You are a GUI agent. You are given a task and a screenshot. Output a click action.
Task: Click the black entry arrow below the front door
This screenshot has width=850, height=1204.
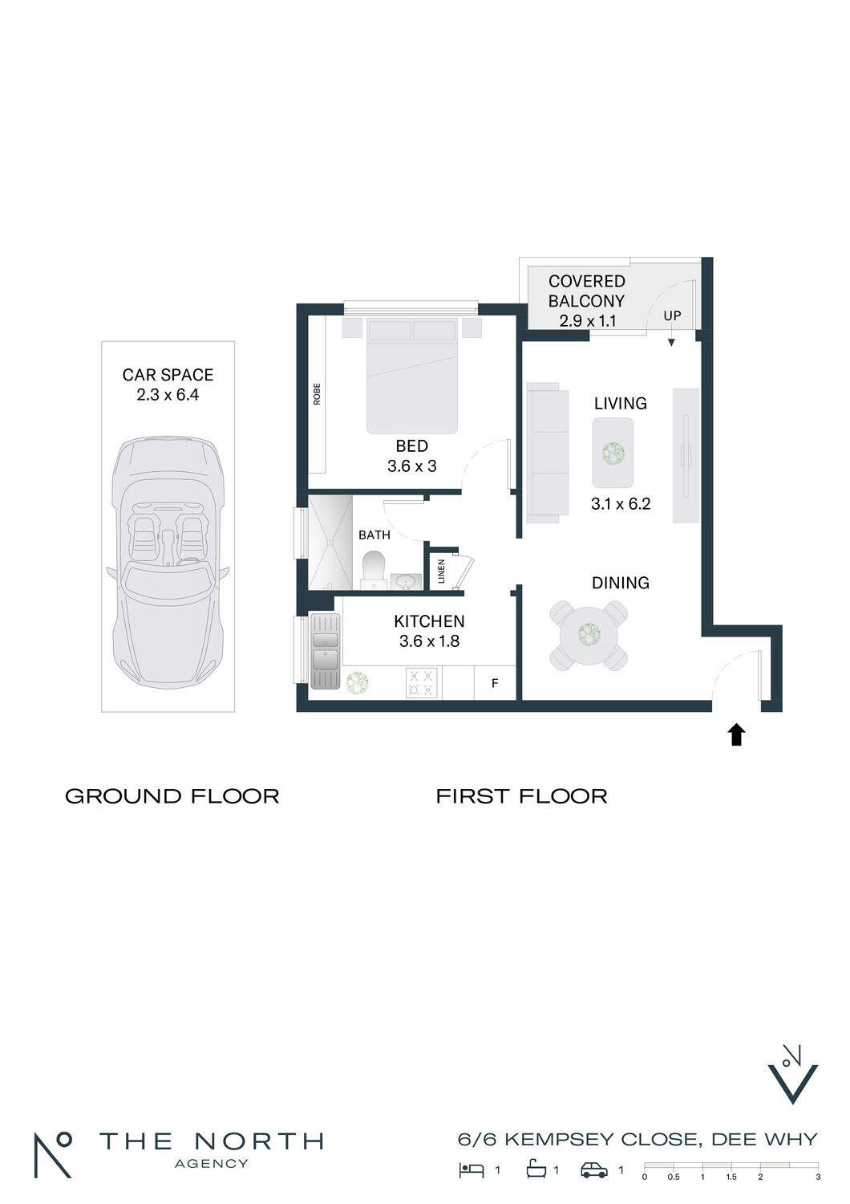point(736,734)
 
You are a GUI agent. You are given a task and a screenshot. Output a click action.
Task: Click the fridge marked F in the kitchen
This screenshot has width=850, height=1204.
point(495,683)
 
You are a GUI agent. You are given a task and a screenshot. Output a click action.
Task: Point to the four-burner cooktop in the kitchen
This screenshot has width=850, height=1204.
point(422,683)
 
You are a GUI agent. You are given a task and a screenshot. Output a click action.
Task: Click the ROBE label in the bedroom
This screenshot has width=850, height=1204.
point(317,393)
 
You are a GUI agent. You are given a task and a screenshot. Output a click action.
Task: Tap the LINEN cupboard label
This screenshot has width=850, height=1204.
point(441,571)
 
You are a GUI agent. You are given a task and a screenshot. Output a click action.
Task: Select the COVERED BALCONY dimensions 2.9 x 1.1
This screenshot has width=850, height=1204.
point(588,321)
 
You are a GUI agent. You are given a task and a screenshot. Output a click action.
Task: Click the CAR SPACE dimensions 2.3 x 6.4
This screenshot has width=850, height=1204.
point(168,395)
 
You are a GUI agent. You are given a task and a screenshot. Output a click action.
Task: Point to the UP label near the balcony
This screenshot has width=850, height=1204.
point(672,315)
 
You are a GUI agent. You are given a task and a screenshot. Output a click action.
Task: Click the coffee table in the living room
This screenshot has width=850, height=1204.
point(612,453)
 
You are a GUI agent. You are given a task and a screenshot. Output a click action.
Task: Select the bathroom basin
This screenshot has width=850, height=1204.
point(406,582)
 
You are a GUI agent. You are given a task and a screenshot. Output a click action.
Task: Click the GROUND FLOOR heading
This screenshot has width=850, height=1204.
point(172,796)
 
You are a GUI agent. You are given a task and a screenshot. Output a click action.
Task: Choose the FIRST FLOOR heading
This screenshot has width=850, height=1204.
point(521,796)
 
